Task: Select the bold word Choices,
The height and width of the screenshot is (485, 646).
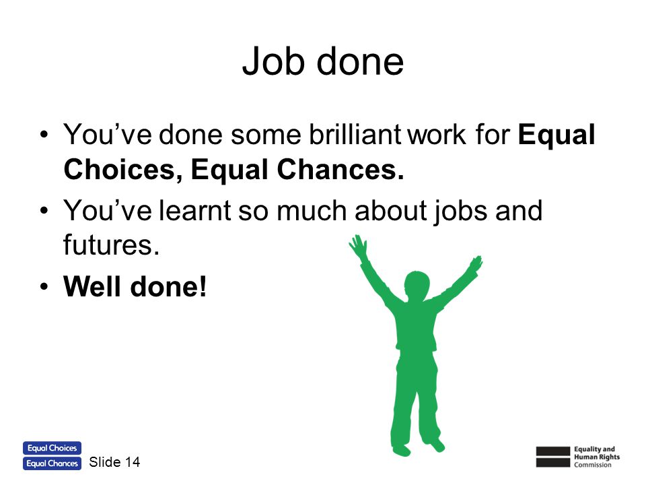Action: pyautogui.click(x=122, y=170)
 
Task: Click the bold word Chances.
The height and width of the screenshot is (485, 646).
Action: pyautogui.click(x=340, y=170)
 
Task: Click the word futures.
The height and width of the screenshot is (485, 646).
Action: pyautogui.click(x=111, y=245)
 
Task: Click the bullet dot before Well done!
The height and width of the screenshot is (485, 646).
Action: pyautogui.click(x=44, y=287)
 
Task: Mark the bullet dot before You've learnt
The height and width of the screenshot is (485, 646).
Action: pyautogui.click(x=44, y=211)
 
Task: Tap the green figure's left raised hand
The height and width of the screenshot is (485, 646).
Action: pyautogui.click(x=357, y=245)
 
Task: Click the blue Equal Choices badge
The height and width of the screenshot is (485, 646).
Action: pyautogui.click(x=52, y=448)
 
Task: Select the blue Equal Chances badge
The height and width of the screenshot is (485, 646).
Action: pyautogui.click(x=52, y=463)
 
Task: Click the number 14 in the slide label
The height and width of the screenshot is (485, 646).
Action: pyautogui.click(x=133, y=462)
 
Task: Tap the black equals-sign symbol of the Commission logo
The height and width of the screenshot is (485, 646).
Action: pyautogui.click(x=553, y=457)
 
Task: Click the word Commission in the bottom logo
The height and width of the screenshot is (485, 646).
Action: pyautogui.click(x=593, y=465)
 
